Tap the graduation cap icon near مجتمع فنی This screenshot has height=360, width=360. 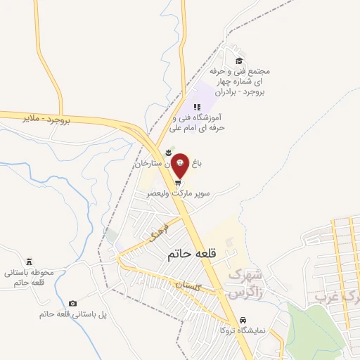click(239, 60)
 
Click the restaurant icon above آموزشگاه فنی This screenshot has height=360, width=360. click(196, 107)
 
